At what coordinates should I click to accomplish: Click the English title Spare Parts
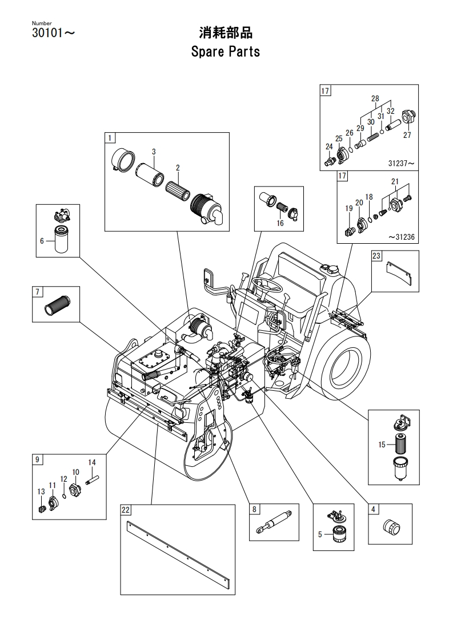click(x=225, y=52)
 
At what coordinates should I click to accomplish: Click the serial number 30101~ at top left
click(x=54, y=33)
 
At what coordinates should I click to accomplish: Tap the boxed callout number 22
click(x=126, y=510)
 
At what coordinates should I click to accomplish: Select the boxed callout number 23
click(x=376, y=256)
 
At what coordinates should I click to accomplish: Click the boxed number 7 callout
click(x=38, y=291)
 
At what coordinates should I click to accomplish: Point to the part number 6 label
click(x=42, y=241)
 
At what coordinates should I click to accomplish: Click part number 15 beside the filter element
click(x=382, y=445)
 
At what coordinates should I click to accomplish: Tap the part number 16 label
click(x=280, y=223)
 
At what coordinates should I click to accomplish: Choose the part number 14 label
click(x=92, y=462)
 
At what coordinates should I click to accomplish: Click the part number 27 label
click(x=407, y=134)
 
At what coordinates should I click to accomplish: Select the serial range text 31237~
click(x=401, y=164)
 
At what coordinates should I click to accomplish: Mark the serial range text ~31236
click(x=401, y=237)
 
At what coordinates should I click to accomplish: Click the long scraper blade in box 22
click(x=178, y=549)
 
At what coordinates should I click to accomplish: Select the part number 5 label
click(x=320, y=534)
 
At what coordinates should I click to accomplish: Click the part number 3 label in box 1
click(x=154, y=152)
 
